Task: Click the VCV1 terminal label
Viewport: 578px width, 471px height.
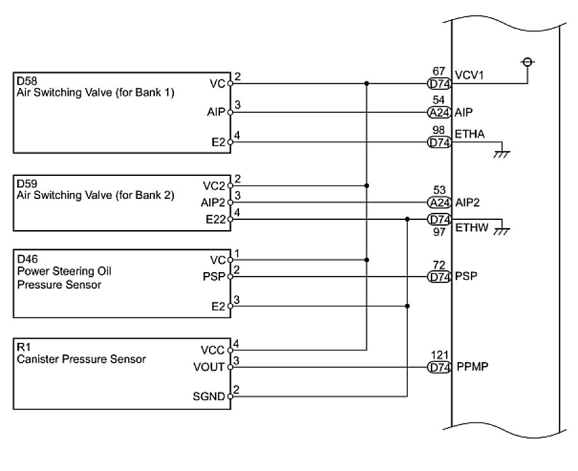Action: click(469, 74)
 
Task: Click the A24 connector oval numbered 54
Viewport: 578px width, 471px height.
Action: click(439, 113)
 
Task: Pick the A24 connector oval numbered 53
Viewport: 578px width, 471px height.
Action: click(439, 203)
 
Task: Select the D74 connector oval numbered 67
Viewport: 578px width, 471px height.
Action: click(439, 83)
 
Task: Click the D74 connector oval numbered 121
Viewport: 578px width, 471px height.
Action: click(439, 367)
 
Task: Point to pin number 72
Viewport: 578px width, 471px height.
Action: click(439, 264)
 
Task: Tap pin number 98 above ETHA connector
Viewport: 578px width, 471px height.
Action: click(438, 130)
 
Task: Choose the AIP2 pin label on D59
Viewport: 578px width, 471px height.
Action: click(213, 203)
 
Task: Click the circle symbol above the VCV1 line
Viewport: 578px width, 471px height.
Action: click(527, 62)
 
